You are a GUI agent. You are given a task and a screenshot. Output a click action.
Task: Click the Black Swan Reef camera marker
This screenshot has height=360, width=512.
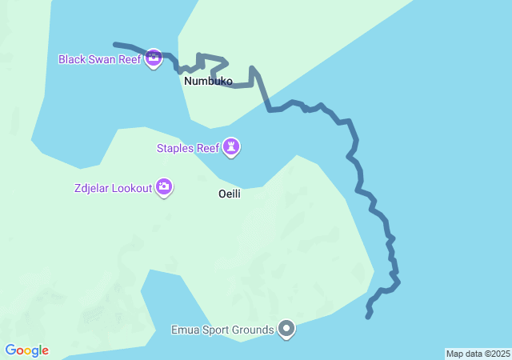coord(154,58)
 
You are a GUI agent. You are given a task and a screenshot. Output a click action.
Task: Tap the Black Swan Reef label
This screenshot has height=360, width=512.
coord(99,59)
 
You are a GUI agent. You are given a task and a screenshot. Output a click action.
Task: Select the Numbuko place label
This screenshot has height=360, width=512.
coord(208,82)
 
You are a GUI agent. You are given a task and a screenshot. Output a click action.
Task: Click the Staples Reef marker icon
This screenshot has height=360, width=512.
coord(232,146)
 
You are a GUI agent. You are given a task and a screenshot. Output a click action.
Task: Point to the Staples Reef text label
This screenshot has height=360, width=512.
coord(188,147)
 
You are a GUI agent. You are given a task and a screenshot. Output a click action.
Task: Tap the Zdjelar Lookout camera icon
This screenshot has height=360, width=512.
coord(164,187)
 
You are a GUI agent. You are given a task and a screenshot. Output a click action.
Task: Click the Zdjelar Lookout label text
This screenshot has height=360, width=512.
coord(110,188)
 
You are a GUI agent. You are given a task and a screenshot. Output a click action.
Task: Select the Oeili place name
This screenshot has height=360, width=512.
coord(230,194)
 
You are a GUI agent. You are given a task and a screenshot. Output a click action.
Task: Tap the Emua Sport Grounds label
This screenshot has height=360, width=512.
coord(222,329)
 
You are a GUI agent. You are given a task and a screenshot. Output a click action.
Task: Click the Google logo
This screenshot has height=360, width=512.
coord(26,350)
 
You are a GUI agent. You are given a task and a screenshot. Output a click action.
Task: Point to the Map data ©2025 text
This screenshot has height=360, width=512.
coord(478,354)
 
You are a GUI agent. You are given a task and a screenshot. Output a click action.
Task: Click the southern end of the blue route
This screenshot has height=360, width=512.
coord(368,317)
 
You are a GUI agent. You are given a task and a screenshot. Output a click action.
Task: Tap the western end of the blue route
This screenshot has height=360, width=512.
coord(115,44)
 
